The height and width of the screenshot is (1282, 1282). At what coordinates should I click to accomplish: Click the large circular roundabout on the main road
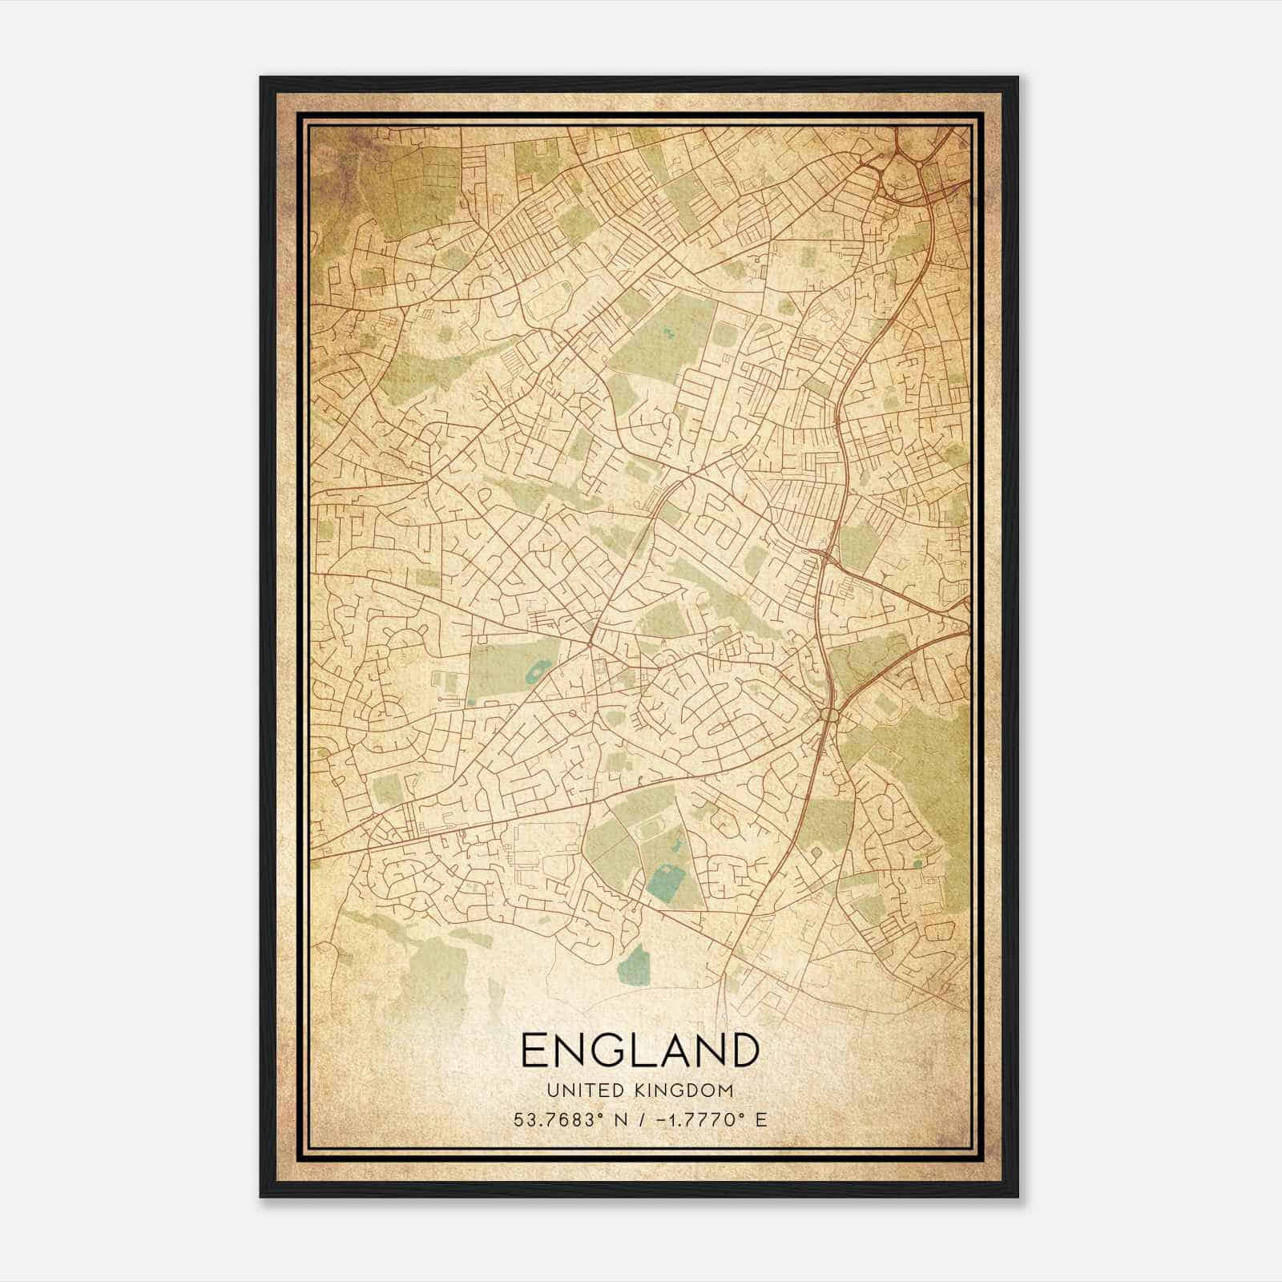[x=831, y=714]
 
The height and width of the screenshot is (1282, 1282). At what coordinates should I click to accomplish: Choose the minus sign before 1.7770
[x=660, y=1120]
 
